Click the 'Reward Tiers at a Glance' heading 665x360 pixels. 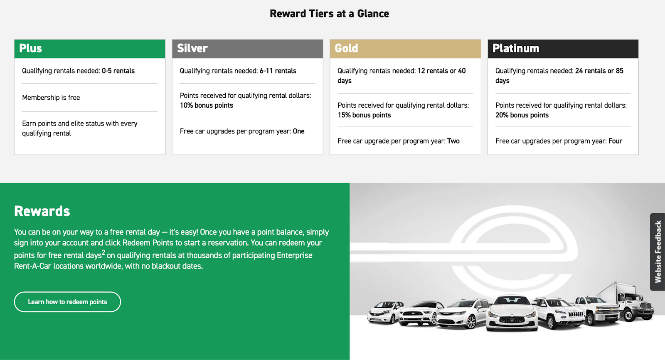329,14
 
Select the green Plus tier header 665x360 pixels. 90,49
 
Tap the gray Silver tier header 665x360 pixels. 248,49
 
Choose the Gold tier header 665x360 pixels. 405,49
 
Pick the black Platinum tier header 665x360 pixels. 563,49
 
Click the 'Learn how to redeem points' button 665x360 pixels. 67,302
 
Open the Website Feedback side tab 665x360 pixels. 658,252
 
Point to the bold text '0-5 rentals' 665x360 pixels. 118,71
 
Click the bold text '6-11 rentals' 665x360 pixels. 278,71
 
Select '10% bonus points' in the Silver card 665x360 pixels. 206,106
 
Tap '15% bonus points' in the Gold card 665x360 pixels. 364,115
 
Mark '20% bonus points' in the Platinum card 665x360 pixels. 522,115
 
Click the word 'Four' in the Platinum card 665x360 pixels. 616,141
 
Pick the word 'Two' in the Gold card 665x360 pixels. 453,141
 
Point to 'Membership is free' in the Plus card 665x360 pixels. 51,98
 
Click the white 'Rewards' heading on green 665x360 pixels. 42,211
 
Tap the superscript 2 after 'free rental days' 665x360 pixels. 103,252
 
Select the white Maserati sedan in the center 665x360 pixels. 512,313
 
